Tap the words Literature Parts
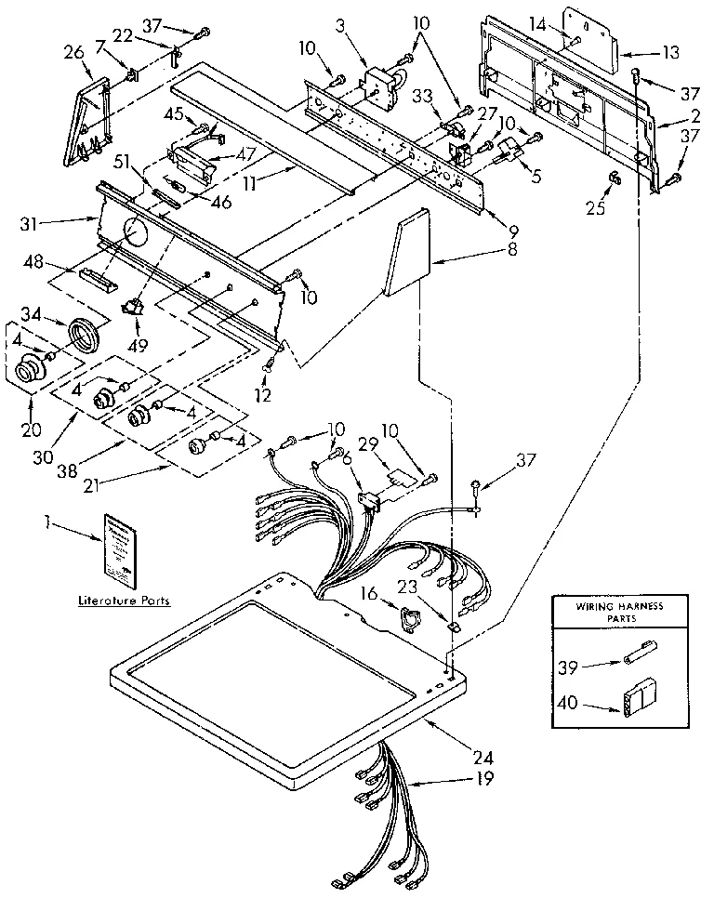tap(123, 601)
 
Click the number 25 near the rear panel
tap(595, 207)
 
